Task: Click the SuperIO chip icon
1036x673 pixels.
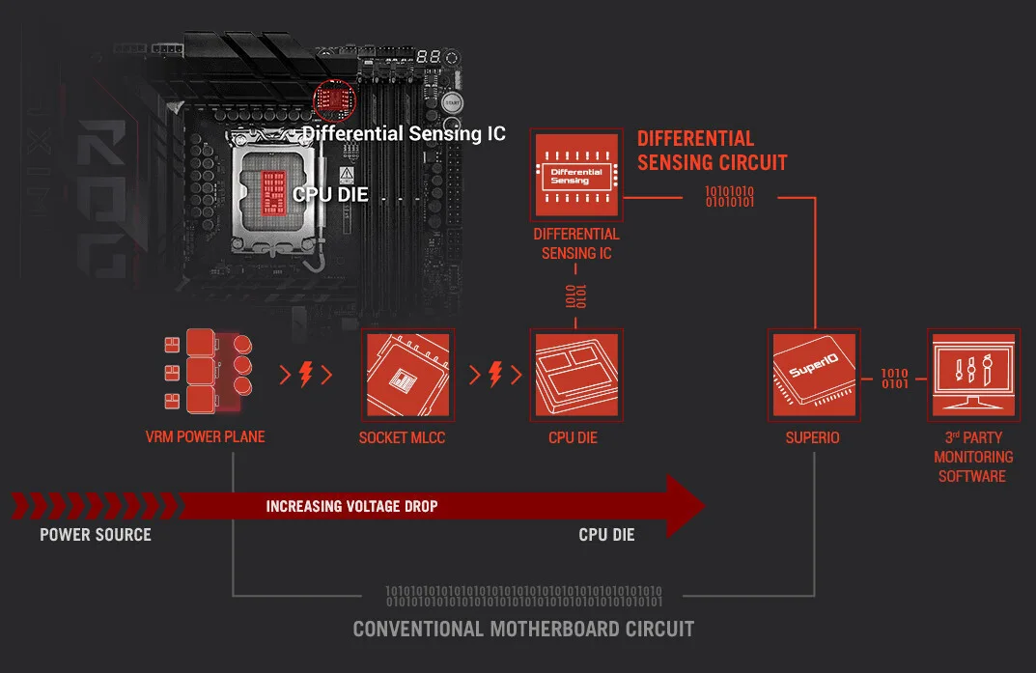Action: pos(813,374)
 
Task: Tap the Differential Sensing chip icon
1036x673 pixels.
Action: pos(576,175)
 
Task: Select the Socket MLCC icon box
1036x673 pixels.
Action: pos(406,374)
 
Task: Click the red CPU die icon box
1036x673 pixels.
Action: pos(576,374)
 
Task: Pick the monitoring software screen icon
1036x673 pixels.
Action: pos(972,373)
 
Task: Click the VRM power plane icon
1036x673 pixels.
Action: pos(206,372)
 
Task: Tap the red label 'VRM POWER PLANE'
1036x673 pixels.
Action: pos(205,436)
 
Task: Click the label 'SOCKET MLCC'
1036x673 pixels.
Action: pos(406,437)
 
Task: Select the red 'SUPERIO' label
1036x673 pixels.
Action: pos(812,437)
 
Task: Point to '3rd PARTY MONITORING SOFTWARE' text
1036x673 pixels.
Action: pos(972,457)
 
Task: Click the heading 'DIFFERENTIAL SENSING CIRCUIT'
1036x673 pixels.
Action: pos(712,151)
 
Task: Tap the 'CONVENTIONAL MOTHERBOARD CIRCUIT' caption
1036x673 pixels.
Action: pos(523,629)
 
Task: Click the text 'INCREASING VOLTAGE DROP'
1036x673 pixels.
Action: pos(351,506)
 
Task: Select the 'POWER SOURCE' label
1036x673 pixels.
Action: pos(96,534)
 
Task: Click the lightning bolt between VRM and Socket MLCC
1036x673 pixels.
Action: pos(306,374)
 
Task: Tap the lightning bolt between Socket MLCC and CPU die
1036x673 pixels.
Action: pos(495,374)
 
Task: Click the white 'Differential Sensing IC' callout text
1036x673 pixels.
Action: pos(404,133)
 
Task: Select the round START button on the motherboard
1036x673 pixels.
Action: pos(452,102)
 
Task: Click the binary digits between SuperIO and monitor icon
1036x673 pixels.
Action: pos(894,378)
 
